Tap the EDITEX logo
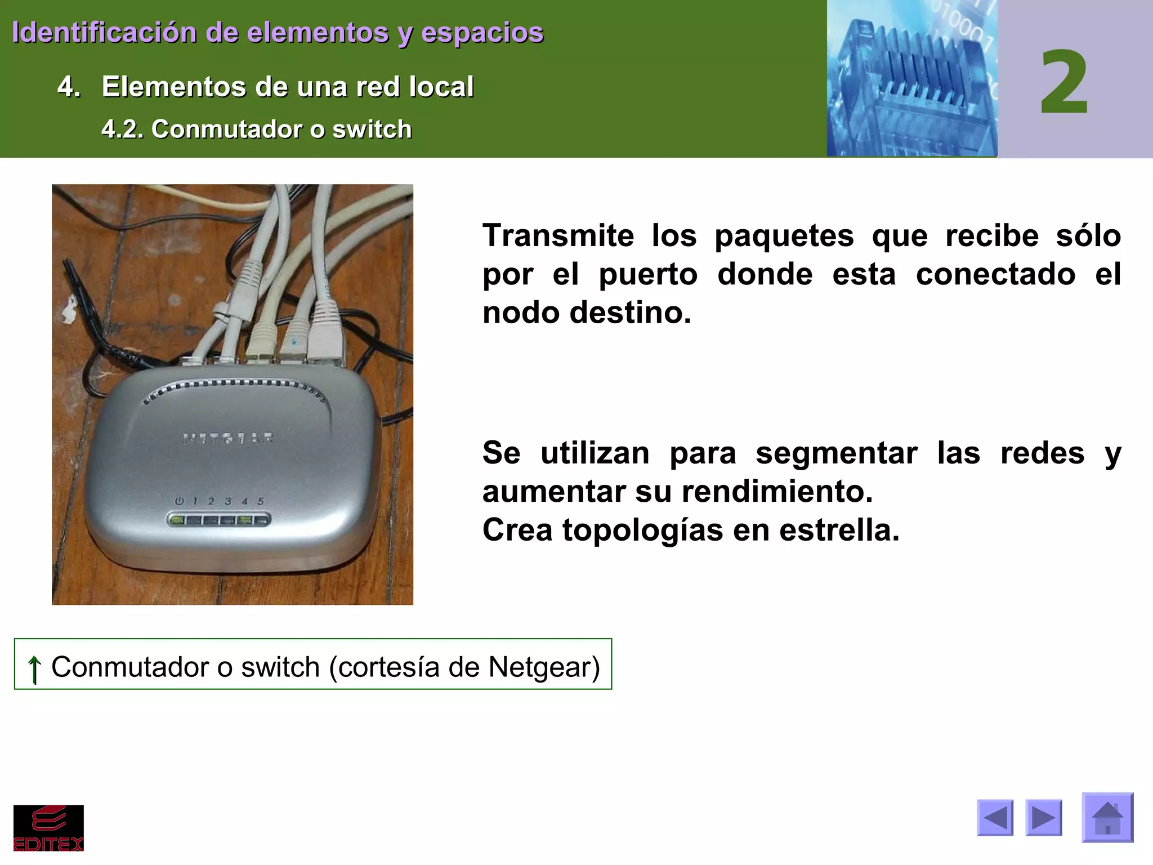coord(48,828)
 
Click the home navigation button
coord(1107,817)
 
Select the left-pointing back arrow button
coord(995,817)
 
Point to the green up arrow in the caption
coord(34,668)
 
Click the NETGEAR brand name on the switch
coord(229,438)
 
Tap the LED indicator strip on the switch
coord(218,520)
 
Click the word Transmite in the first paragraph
coord(558,235)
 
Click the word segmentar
coord(836,453)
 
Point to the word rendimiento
coord(777,492)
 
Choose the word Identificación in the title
coord(104,32)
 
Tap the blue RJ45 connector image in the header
coord(911,79)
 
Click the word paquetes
coord(784,235)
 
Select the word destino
coord(630,313)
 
